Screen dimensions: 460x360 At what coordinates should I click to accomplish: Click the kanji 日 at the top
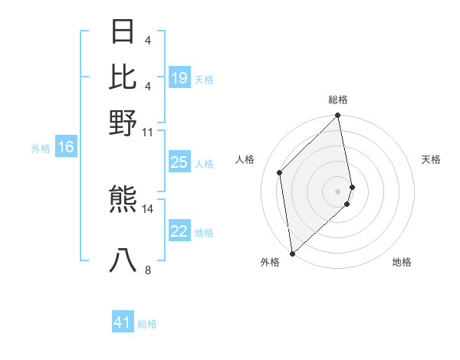click(x=123, y=31)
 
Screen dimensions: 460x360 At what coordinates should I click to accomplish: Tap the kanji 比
click(x=123, y=77)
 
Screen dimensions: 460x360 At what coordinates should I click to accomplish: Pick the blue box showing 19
click(x=179, y=78)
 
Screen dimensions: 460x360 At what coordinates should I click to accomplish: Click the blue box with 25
click(x=179, y=162)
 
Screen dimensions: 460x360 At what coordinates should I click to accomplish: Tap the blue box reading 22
click(x=179, y=231)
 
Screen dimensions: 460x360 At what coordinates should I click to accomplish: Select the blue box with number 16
click(x=66, y=147)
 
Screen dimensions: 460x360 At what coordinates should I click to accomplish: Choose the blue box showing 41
click(x=123, y=322)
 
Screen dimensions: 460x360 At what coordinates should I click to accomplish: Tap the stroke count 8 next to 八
click(x=147, y=270)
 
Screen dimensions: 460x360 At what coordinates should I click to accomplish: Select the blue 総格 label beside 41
click(x=147, y=324)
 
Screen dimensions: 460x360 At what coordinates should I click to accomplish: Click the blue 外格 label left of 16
click(x=41, y=149)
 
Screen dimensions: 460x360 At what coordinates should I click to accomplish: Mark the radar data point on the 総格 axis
click(x=338, y=116)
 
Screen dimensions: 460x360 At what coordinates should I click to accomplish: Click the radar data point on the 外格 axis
click(x=292, y=254)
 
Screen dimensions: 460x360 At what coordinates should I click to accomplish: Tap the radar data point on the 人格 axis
click(x=280, y=172)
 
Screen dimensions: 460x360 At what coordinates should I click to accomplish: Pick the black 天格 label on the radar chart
click(x=431, y=159)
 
